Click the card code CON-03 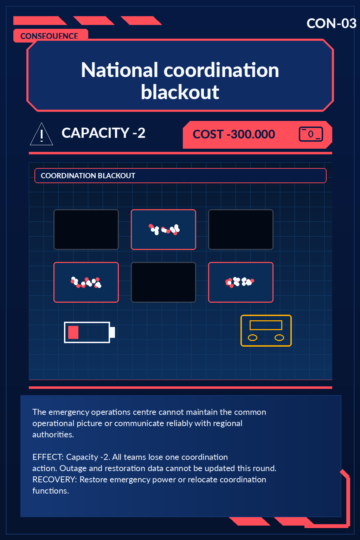[331, 24]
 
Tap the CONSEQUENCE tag [50, 36]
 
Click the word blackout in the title [180, 92]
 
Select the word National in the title [119, 70]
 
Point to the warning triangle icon [41, 134]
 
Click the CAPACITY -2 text [103, 133]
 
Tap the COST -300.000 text [234, 134]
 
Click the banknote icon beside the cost [311, 134]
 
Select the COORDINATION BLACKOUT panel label [88, 176]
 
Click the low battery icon [89, 332]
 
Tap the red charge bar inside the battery [73, 333]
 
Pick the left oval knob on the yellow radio [252, 338]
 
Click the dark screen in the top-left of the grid [86, 230]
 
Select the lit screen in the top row [163, 230]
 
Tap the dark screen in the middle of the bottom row [163, 282]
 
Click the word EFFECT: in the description [48, 457]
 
